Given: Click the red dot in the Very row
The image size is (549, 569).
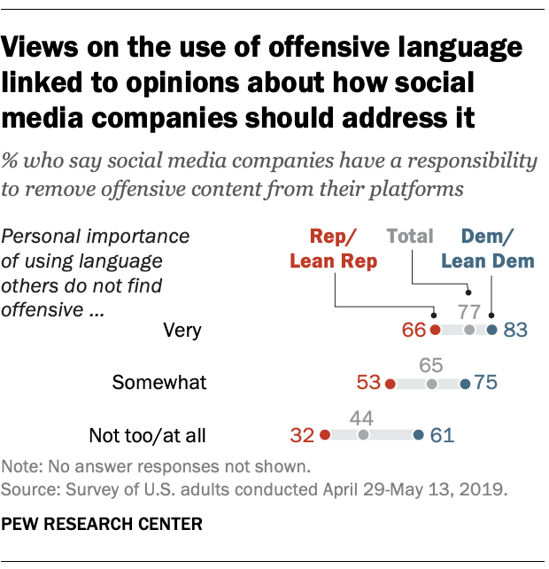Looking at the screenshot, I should [435, 331].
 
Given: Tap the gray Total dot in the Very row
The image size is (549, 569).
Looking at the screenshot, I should [469, 331].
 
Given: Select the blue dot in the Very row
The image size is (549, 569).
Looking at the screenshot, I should [492, 331].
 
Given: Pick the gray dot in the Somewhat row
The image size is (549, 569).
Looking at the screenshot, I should [431, 384].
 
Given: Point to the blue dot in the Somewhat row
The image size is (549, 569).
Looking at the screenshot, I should [466, 384].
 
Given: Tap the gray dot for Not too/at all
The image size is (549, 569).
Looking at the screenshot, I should [362, 435].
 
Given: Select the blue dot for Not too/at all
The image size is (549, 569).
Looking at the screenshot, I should [418, 435].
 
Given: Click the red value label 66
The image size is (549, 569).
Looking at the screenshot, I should [414, 331].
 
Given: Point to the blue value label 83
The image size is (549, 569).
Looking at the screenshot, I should [514, 331].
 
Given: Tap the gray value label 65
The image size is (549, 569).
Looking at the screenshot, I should [431, 364].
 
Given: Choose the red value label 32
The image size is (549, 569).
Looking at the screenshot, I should [303, 436].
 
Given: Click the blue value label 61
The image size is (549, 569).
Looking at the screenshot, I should [440, 436].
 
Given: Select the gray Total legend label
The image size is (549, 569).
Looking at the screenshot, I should [410, 236].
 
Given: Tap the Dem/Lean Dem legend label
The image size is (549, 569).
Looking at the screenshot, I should [487, 248].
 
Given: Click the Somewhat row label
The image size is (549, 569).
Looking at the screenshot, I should [159, 383].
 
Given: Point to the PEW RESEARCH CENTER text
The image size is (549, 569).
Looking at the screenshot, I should [103, 525].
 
